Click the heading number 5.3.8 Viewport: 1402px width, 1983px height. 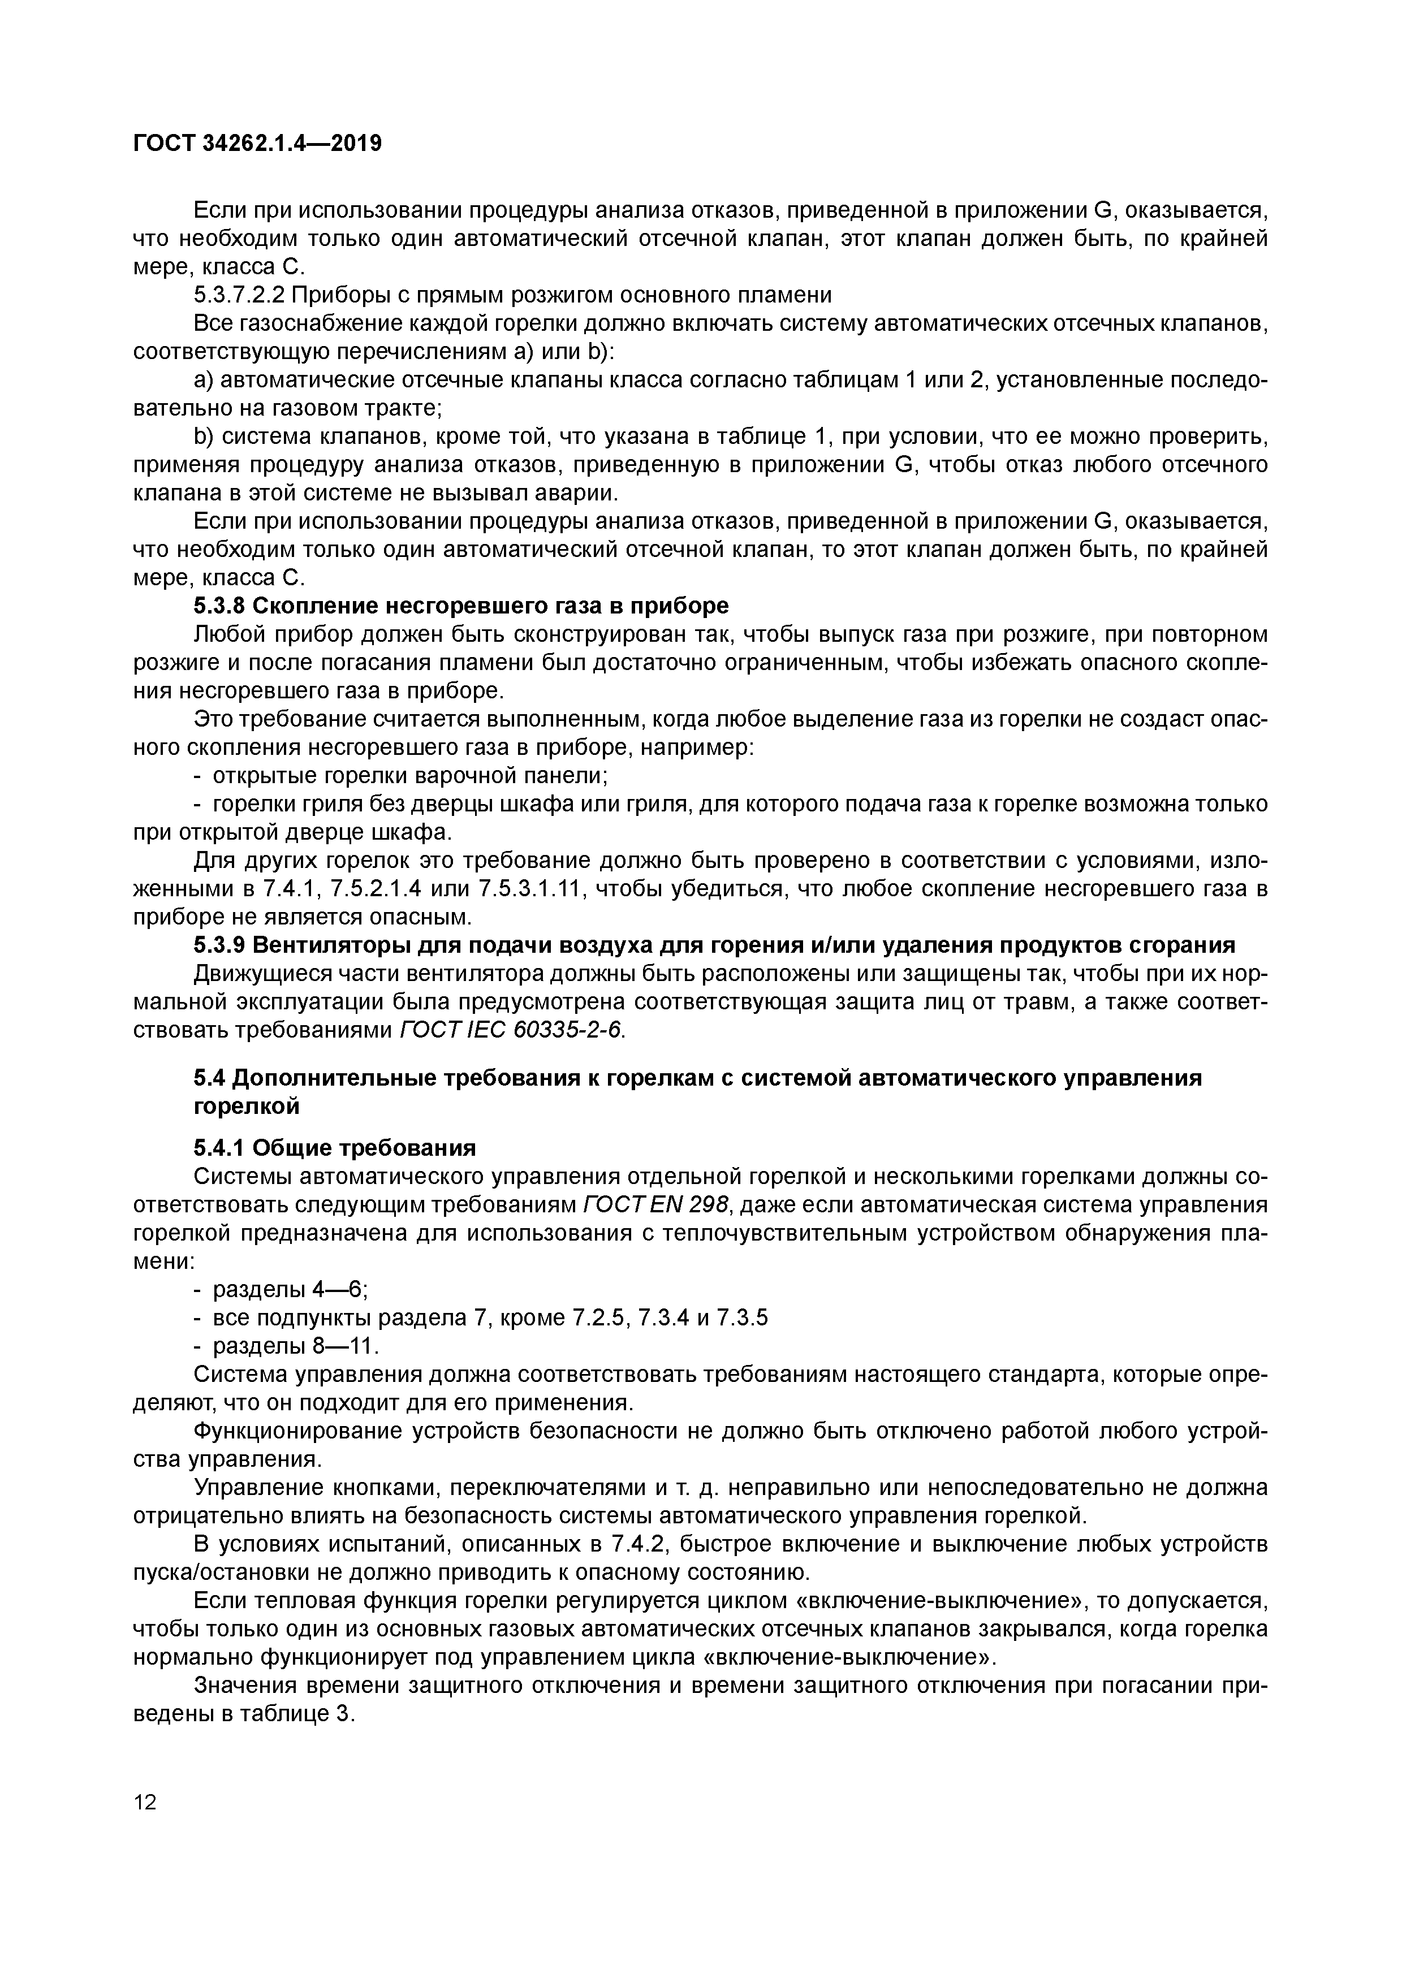(x=219, y=606)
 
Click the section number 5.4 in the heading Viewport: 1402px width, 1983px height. (x=209, y=1078)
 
